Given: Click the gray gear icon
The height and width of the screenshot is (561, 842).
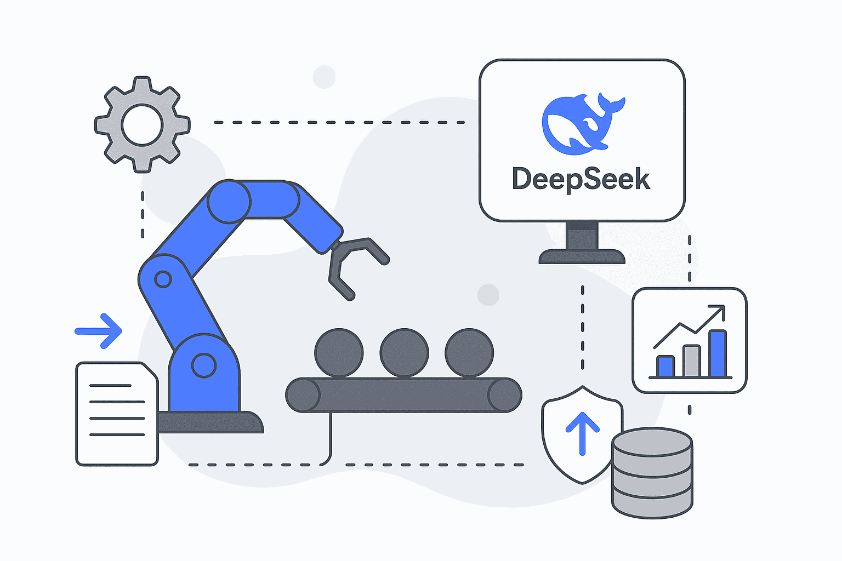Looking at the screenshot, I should click(x=143, y=125).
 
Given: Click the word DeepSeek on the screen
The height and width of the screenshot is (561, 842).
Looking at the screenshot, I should click(x=581, y=180).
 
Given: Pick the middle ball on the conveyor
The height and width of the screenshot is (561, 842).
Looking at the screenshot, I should click(x=404, y=353).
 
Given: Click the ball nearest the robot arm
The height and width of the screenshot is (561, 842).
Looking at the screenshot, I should click(x=339, y=353).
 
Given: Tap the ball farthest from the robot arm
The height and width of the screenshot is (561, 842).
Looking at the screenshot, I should click(x=469, y=353).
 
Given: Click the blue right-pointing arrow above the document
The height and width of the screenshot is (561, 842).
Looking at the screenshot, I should click(x=99, y=331).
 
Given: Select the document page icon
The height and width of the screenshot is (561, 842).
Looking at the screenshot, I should click(x=117, y=414).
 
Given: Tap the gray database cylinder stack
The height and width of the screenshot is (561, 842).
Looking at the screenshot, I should click(x=652, y=472).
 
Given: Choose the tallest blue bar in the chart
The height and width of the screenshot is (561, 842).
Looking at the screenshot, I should click(x=718, y=353).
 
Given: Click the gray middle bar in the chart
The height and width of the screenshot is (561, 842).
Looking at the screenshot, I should click(x=692, y=361).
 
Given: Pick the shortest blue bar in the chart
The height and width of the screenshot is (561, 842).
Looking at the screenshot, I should click(x=665, y=366).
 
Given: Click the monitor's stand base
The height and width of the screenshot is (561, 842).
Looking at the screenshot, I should click(x=582, y=256).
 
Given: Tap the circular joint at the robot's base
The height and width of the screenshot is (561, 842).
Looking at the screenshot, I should click(x=204, y=365).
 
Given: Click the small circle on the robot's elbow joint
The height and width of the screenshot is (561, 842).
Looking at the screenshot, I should click(x=163, y=279).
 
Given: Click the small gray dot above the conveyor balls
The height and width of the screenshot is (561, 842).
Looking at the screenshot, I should click(x=488, y=295).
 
